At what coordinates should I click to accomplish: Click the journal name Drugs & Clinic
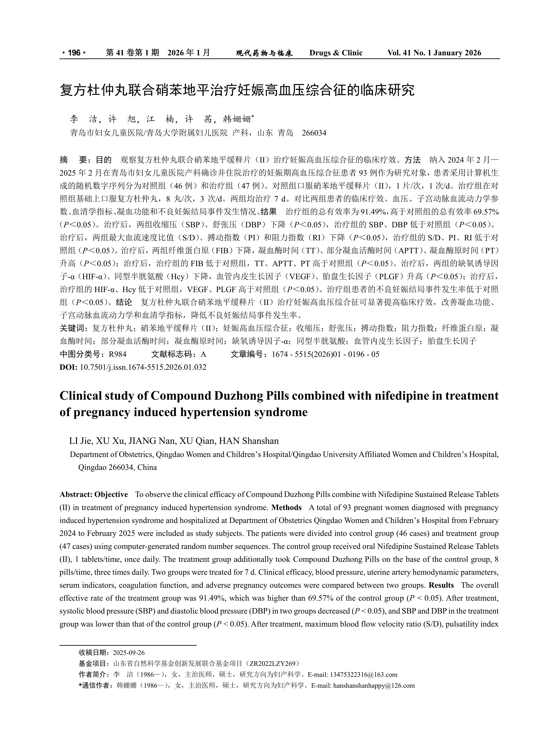(336, 53)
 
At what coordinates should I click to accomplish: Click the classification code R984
(118, 354)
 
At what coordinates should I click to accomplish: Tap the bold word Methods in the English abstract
(286, 507)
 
